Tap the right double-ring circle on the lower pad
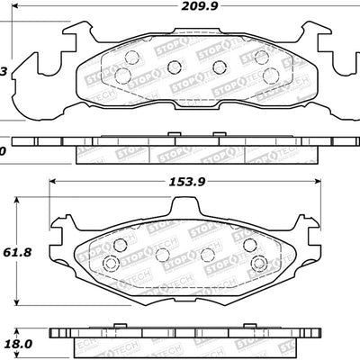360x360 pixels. click(x=258, y=264)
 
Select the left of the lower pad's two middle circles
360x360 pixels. click(x=163, y=255)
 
